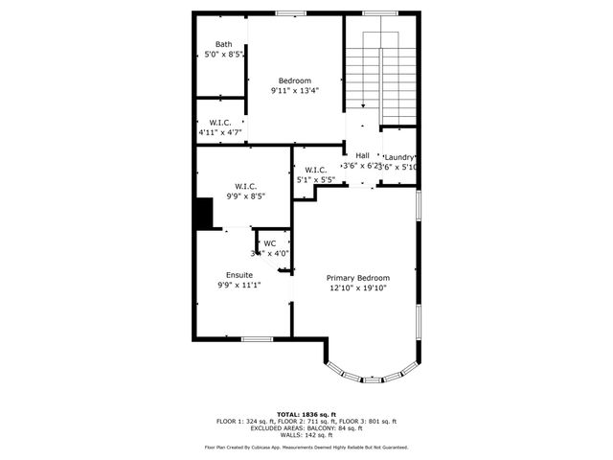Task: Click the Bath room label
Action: coord(223,44)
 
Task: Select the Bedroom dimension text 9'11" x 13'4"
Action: coord(294,90)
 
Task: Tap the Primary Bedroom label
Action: coord(358,277)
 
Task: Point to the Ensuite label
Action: coord(238,275)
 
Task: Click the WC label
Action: coord(270,243)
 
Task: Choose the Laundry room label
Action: coord(399,157)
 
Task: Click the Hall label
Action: coord(362,155)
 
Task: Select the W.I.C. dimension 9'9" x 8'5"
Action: coord(245,195)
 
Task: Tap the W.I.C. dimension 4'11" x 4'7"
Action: coord(219,132)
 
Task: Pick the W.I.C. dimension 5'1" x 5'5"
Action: coord(316,179)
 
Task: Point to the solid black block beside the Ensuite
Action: coord(203,213)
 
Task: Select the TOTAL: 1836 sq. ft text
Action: coord(306,413)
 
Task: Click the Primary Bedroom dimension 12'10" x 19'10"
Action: coord(358,287)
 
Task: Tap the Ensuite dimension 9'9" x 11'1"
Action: coord(238,285)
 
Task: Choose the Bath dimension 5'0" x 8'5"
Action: coord(224,55)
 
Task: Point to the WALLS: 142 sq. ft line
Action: coord(306,435)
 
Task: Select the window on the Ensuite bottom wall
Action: coord(256,338)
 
